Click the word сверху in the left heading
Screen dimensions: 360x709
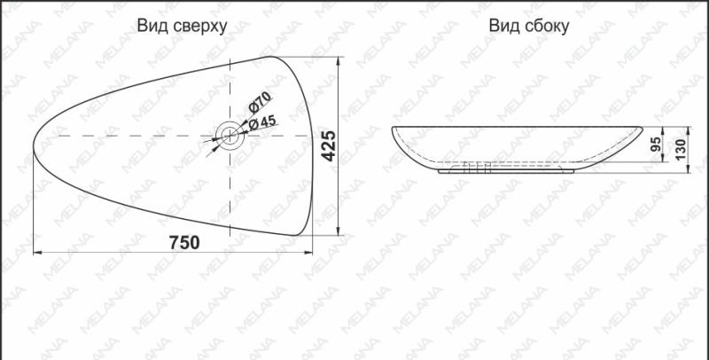click(198, 27)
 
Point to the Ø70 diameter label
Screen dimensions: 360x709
click(259, 104)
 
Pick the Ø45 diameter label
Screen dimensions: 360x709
click(263, 122)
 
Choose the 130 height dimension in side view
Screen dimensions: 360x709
click(681, 147)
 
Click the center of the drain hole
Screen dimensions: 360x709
click(229, 136)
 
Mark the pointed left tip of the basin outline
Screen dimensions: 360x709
click(35, 142)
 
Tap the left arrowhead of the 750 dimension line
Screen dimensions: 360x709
click(37, 253)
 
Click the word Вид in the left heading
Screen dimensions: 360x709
click(152, 27)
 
